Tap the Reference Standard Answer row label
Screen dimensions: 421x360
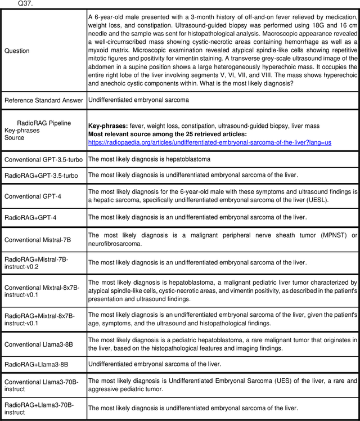[43, 100]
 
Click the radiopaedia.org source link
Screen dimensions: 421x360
[210, 142]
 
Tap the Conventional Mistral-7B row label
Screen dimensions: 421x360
[38, 240]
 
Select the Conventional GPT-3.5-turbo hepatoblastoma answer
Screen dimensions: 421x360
[149, 160]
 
